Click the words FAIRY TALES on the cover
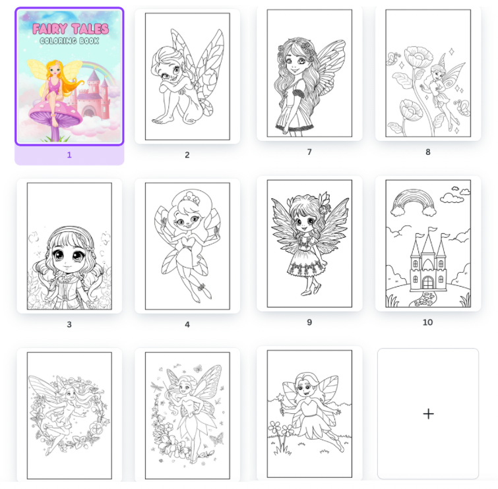coord(71,29)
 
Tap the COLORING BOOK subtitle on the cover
coord(69,41)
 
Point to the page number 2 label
coord(187,155)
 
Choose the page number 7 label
coord(309,152)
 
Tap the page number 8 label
coord(428,152)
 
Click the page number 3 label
coord(69,324)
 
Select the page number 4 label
coord(187,324)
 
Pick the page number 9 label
coord(309,322)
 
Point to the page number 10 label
coord(428,322)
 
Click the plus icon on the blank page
coord(428,414)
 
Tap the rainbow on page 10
coord(414,194)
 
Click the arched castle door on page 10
coord(428,283)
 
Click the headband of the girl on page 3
coord(71,231)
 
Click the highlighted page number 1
coord(69,155)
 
